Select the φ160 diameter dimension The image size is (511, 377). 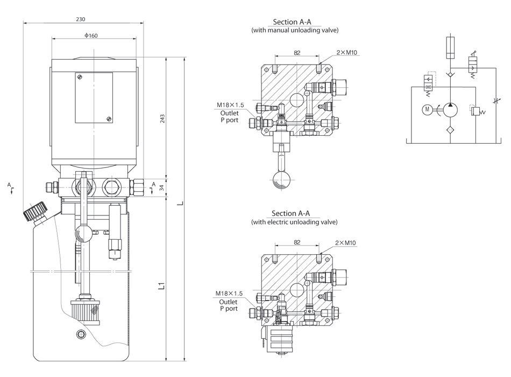point(91,36)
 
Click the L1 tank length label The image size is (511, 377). point(161,284)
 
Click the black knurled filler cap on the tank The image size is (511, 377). point(35,211)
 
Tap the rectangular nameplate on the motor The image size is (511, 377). point(94,97)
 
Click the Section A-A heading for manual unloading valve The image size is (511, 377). point(292,22)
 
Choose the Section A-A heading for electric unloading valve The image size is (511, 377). point(292,213)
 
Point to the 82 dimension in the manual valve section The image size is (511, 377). point(297,53)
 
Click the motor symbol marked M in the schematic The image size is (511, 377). point(428,110)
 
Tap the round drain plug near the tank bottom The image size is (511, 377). point(81,334)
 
